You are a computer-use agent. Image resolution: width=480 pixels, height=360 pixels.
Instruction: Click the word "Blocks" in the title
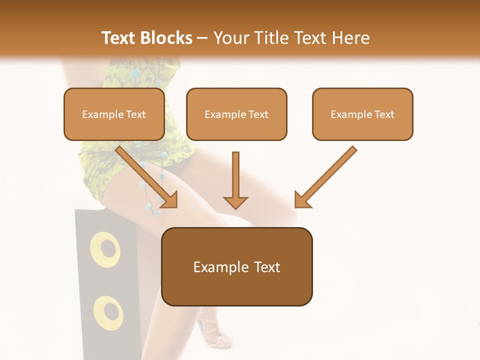tap(166, 38)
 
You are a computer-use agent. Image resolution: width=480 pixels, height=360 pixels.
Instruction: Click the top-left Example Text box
tap(114, 114)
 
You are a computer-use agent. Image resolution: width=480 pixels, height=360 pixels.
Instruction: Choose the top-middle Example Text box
tap(236, 114)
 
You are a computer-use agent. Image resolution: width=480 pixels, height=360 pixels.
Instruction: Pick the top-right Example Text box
tap(362, 114)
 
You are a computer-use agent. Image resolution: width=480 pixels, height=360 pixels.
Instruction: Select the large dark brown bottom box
tap(237, 266)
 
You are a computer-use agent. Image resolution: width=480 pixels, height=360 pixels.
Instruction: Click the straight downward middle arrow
tap(235, 180)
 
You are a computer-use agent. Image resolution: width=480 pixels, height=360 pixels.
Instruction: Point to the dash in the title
tap(202, 38)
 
